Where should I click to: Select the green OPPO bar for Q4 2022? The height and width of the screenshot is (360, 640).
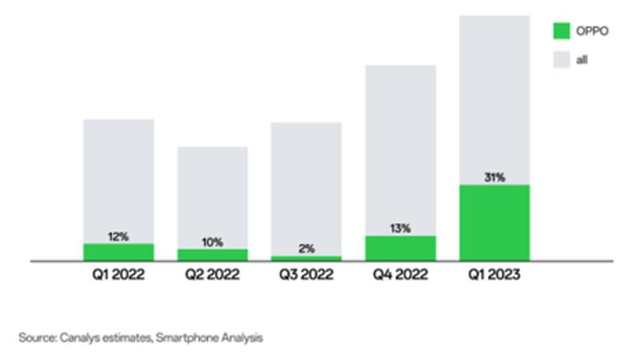(401, 248)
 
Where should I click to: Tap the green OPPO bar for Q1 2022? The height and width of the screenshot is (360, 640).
(118, 252)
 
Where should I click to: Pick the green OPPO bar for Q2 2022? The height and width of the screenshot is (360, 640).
(213, 254)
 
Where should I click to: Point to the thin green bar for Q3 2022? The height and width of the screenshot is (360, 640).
(306, 258)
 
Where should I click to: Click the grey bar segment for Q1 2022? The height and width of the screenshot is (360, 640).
(118, 176)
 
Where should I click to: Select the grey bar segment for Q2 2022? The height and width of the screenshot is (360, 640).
(213, 192)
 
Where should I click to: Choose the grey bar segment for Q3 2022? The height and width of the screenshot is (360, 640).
(306, 184)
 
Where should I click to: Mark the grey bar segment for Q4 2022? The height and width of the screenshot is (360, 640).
(401, 144)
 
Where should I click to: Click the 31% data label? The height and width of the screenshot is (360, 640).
(494, 178)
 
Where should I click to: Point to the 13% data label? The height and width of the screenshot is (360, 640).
(401, 229)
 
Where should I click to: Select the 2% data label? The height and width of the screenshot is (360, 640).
(306, 249)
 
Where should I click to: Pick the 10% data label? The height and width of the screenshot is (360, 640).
(213, 242)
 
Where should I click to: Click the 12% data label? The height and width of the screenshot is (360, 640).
(118, 237)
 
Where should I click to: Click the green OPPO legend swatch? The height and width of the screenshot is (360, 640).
(562, 30)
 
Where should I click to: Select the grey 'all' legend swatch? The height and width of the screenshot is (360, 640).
(562, 59)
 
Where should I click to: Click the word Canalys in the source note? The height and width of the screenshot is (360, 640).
(76, 338)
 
